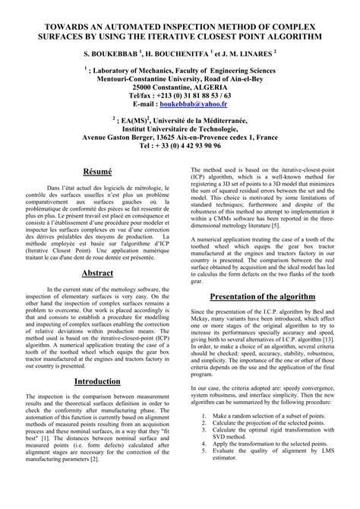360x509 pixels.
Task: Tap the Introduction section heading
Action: click(x=97, y=402)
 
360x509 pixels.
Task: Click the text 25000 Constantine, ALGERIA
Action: click(x=180, y=87)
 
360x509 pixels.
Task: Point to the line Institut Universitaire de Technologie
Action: click(x=180, y=128)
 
